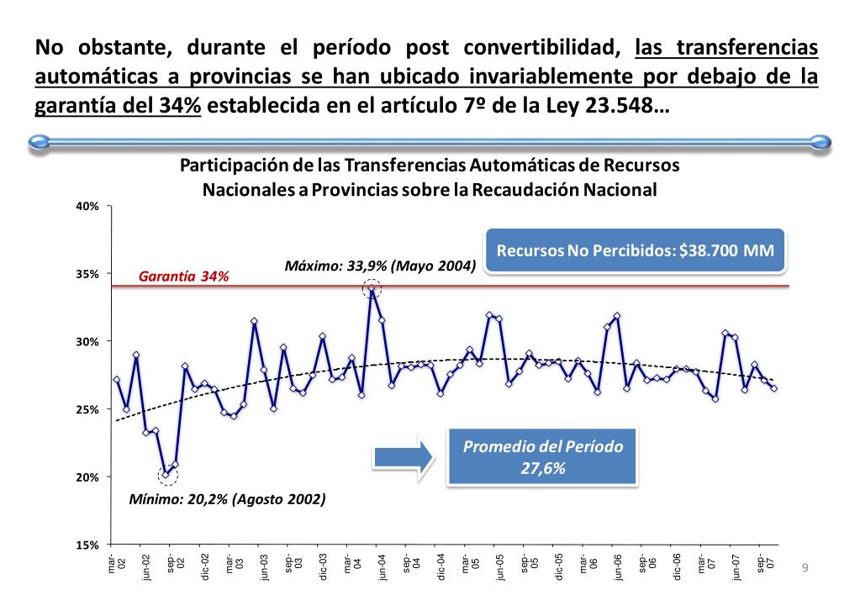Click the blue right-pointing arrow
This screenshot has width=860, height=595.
tap(401, 456)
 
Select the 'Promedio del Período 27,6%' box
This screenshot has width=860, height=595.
tap(543, 456)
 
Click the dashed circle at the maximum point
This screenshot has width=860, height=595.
tap(372, 290)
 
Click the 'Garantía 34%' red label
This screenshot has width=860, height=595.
tap(183, 276)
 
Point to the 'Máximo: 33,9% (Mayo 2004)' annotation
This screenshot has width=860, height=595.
tap(380, 266)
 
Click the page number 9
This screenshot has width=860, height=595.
tap(805, 568)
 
